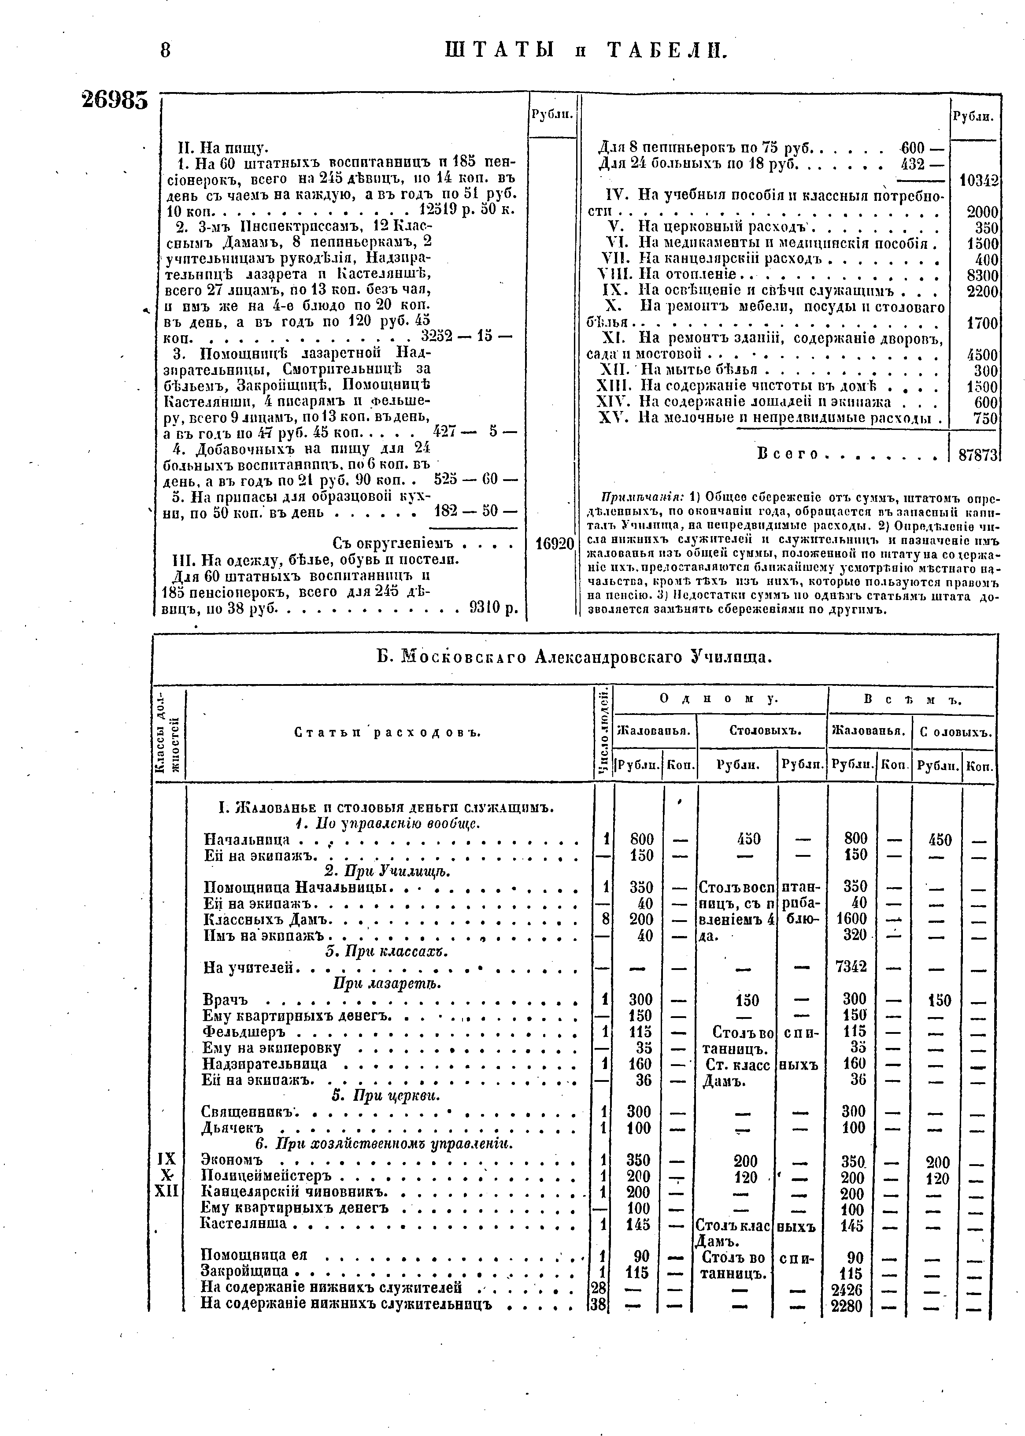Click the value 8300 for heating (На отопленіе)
pyautogui.click(x=982, y=276)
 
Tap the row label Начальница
pyautogui.click(x=247, y=840)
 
